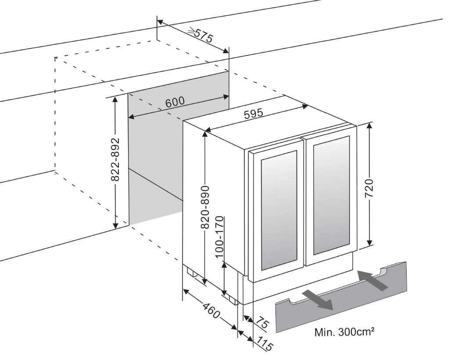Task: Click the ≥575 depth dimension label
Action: (200, 35)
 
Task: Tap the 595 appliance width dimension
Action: (254, 114)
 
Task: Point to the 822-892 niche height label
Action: (116, 159)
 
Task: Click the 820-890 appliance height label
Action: (206, 207)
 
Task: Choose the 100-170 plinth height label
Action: (219, 237)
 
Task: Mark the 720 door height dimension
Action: (369, 188)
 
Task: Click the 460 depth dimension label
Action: (211, 311)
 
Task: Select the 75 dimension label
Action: (262, 324)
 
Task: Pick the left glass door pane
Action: (279, 210)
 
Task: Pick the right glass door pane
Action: (331, 195)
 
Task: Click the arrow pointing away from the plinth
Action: (318, 300)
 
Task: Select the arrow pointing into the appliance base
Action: (373, 280)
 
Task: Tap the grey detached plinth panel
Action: (341, 297)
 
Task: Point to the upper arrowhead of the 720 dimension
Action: (369, 126)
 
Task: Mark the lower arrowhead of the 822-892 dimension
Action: (115, 225)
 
